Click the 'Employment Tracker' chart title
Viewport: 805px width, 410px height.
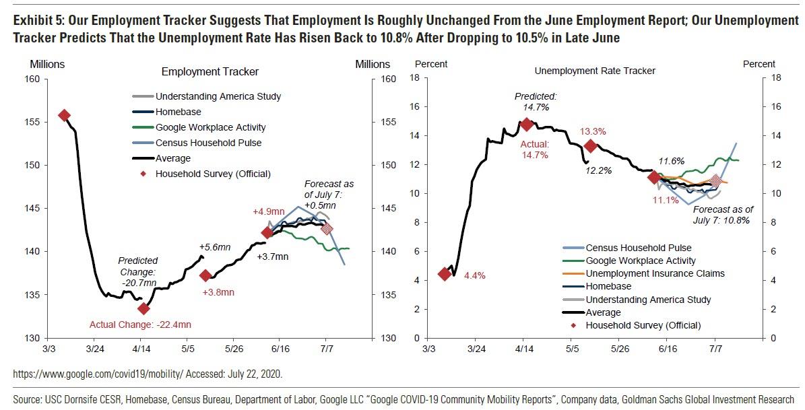[x=210, y=71]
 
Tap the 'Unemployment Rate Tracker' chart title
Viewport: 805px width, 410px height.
[x=595, y=71]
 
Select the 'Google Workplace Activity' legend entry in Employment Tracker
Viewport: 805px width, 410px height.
[x=210, y=127]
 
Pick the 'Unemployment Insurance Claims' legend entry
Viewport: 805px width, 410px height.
[x=655, y=273]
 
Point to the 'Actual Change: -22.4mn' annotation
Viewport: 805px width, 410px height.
[x=140, y=325]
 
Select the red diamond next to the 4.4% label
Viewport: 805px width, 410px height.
[x=445, y=274]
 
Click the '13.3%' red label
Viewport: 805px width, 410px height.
[x=593, y=131]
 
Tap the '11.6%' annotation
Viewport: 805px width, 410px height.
[x=671, y=161]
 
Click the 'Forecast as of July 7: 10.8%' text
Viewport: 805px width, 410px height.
[x=723, y=215]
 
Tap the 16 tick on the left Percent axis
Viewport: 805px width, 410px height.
[x=415, y=107]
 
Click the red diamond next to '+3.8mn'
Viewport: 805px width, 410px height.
[x=206, y=275]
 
